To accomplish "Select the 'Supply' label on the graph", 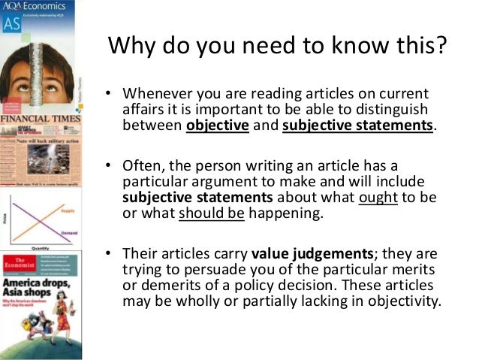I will (69, 213).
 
